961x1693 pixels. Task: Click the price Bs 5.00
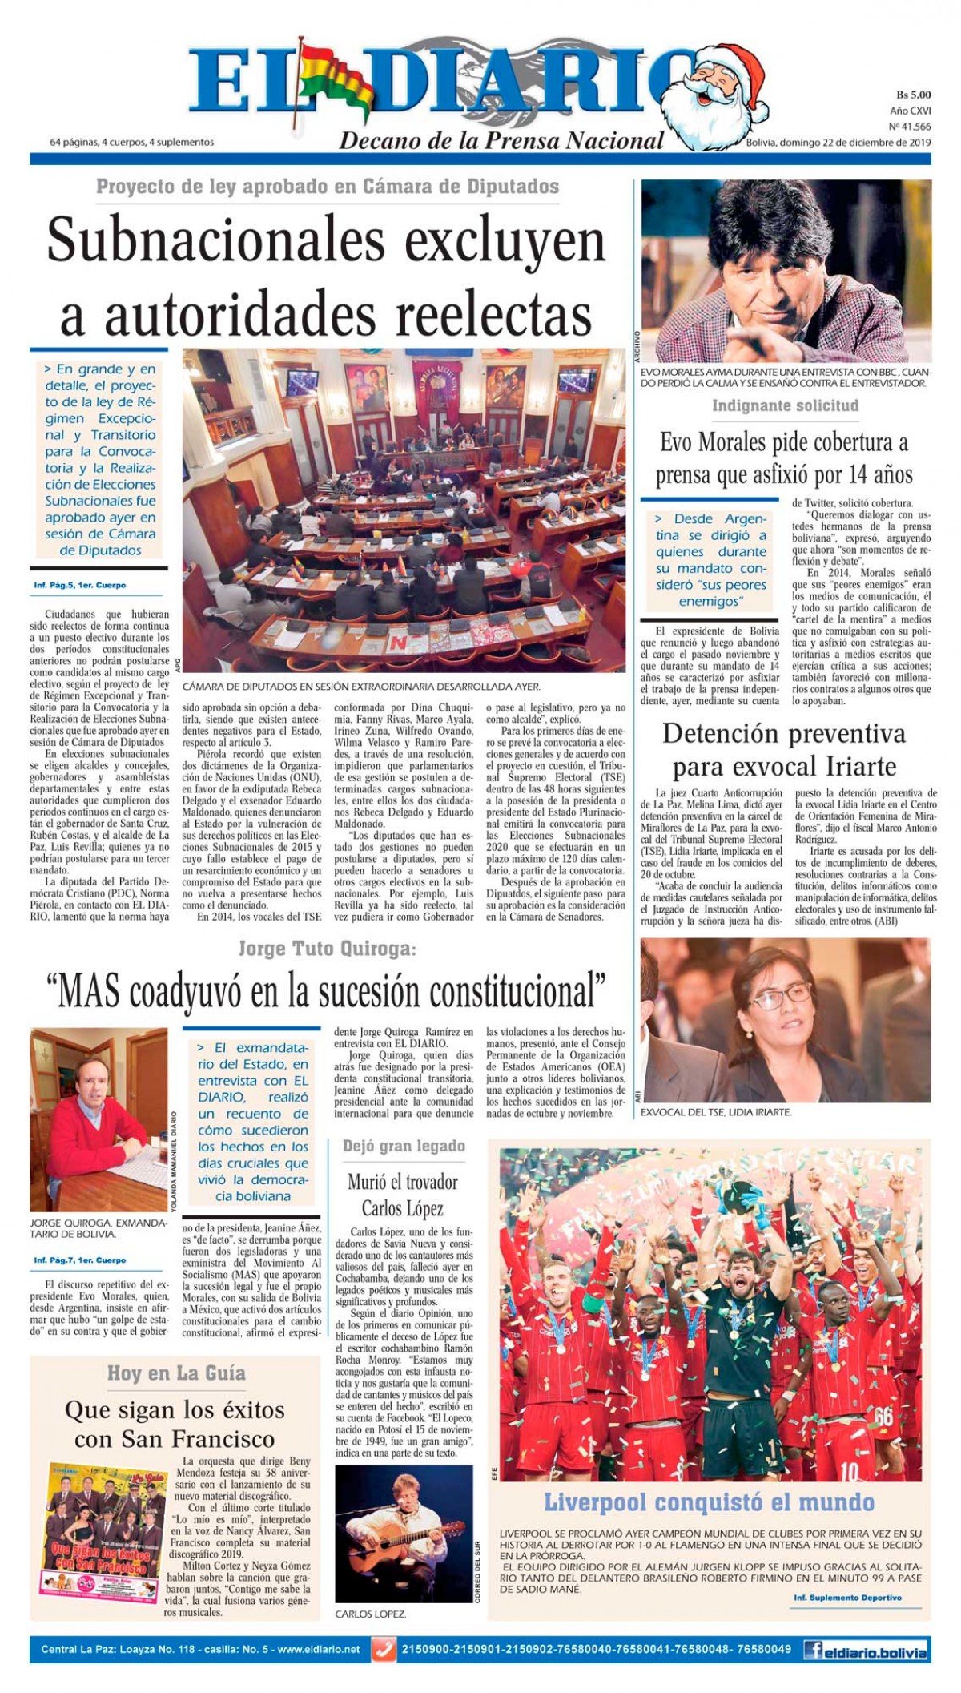(x=912, y=95)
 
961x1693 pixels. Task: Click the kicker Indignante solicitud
(x=785, y=405)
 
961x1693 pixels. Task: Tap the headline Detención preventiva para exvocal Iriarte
(x=784, y=749)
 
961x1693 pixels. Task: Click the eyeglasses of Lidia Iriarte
(x=780, y=996)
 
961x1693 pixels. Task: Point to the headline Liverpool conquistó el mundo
(x=709, y=1502)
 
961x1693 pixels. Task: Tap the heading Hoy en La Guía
(x=176, y=1373)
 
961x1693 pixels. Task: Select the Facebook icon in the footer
(x=813, y=1650)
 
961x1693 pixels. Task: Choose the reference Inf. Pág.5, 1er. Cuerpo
(x=80, y=585)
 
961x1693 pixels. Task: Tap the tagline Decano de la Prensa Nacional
(x=501, y=141)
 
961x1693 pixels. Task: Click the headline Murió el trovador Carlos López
(x=403, y=1195)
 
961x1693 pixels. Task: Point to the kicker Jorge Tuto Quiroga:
(x=328, y=949)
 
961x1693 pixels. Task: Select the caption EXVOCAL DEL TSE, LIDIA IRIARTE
(x=716, y=1112)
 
